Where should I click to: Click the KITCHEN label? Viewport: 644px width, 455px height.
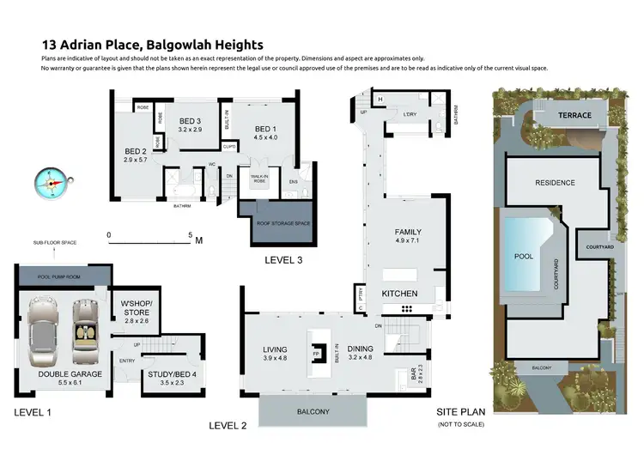[x=399, y=294]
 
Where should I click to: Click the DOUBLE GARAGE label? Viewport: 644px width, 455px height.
[x=70, y=374]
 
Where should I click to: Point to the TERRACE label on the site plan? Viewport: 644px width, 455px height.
[x=574, y=115]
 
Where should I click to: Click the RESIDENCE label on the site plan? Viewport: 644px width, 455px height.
[x=555, y=183]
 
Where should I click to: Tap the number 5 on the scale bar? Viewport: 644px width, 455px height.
[x=191, y=234]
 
